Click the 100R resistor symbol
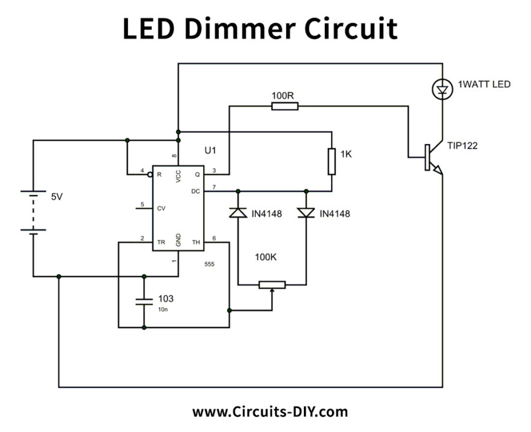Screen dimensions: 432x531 pyautogui.click(x=285, y=106)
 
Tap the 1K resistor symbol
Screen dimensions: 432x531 pyautogui.click(x=331, y=161)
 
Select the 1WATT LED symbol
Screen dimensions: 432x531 pyautogui.click(x=443, y=91)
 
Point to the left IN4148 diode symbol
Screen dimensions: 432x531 pyautogui.click(x=238, y=213)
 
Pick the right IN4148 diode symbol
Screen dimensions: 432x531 pyautogui.click(x=306, y=213)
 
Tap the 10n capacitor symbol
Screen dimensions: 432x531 pyautogui.click(x=144, y=301)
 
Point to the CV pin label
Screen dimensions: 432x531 pyautogui.click(x=161, y=209)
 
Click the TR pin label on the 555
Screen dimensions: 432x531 pyautogui.click(x=161, y=242)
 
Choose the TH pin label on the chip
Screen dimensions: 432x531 pyautogui.click(x=196, y=242)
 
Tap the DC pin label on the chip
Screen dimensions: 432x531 pyautogui.click(x=195, y=191)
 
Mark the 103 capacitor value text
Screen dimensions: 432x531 pyautogui.click(x=166, y=298)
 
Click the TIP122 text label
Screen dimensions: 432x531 pyautogui.click(x=463, y=145)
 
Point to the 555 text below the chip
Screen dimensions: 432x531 pyautogui.click(x=209, y=264)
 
